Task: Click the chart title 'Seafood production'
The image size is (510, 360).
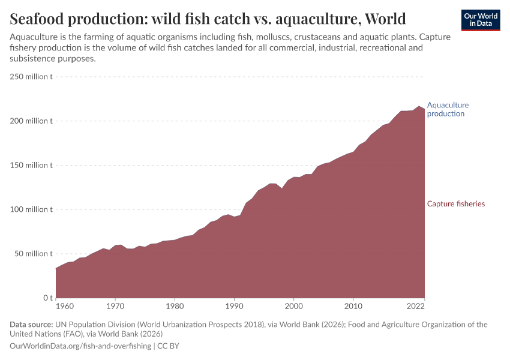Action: (208, 19)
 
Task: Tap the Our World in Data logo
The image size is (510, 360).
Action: (480, 20)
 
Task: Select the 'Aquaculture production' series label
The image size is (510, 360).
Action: (448, 109)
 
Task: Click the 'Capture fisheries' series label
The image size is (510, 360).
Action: (455, 204)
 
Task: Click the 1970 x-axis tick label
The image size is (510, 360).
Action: (115, 307)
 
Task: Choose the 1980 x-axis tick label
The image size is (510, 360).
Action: (175, 307)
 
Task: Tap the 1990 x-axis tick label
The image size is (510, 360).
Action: (234, 307)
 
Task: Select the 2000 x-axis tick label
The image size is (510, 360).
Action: (293, 307)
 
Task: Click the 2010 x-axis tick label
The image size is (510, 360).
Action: (353, 307)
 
